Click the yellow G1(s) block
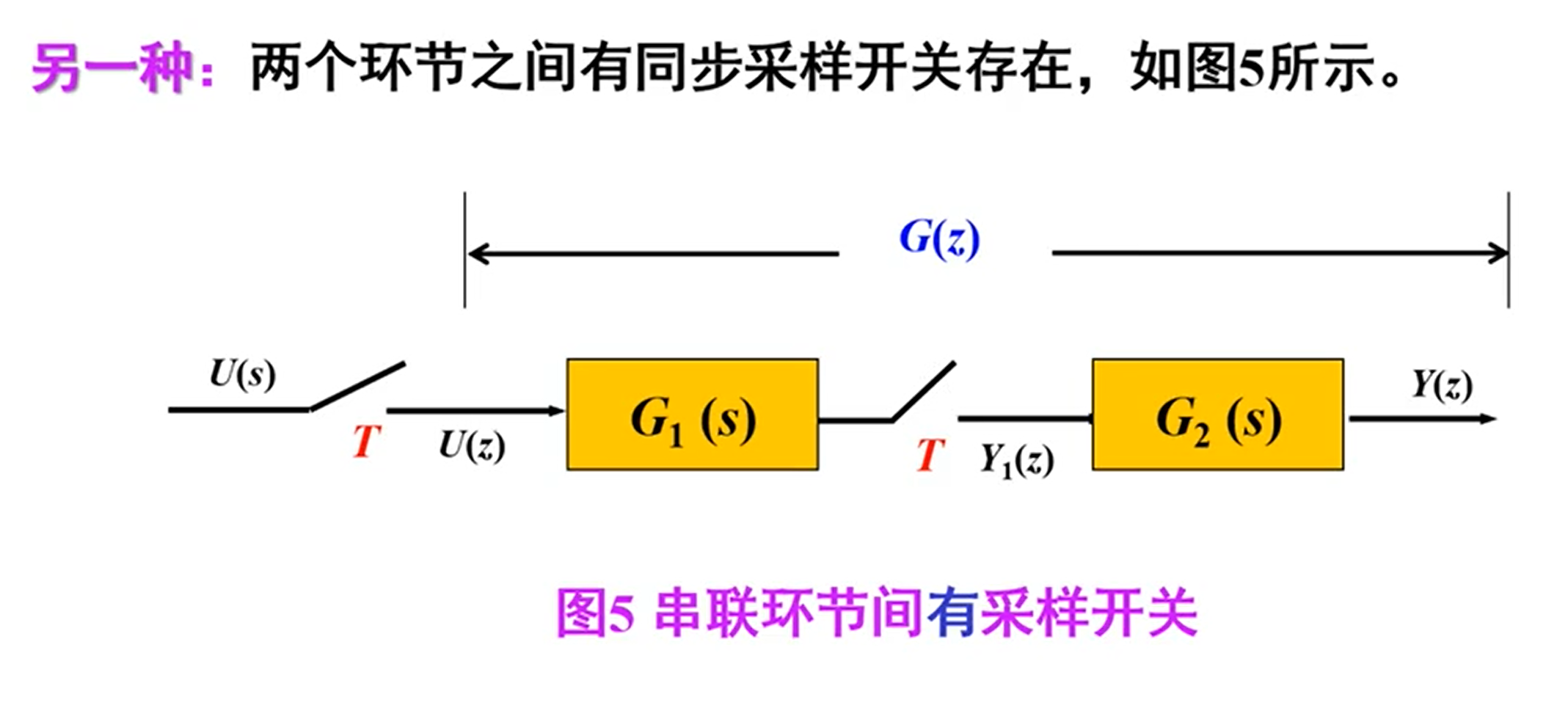692,415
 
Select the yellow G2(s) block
1217,415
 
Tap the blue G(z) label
939,238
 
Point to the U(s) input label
242,374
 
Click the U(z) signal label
472,445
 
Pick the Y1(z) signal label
1016,461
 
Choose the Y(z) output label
1442,385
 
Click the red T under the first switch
366,442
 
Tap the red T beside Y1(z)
929,455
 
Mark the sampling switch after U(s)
357,386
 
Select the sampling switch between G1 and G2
923,392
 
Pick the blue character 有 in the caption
951,613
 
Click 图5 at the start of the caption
594,613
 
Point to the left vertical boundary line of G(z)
464,249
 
